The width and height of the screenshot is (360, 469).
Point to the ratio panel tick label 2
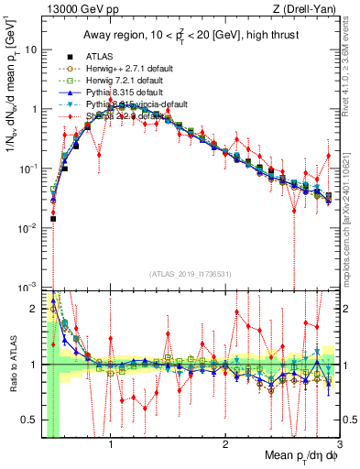pos(34,308)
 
